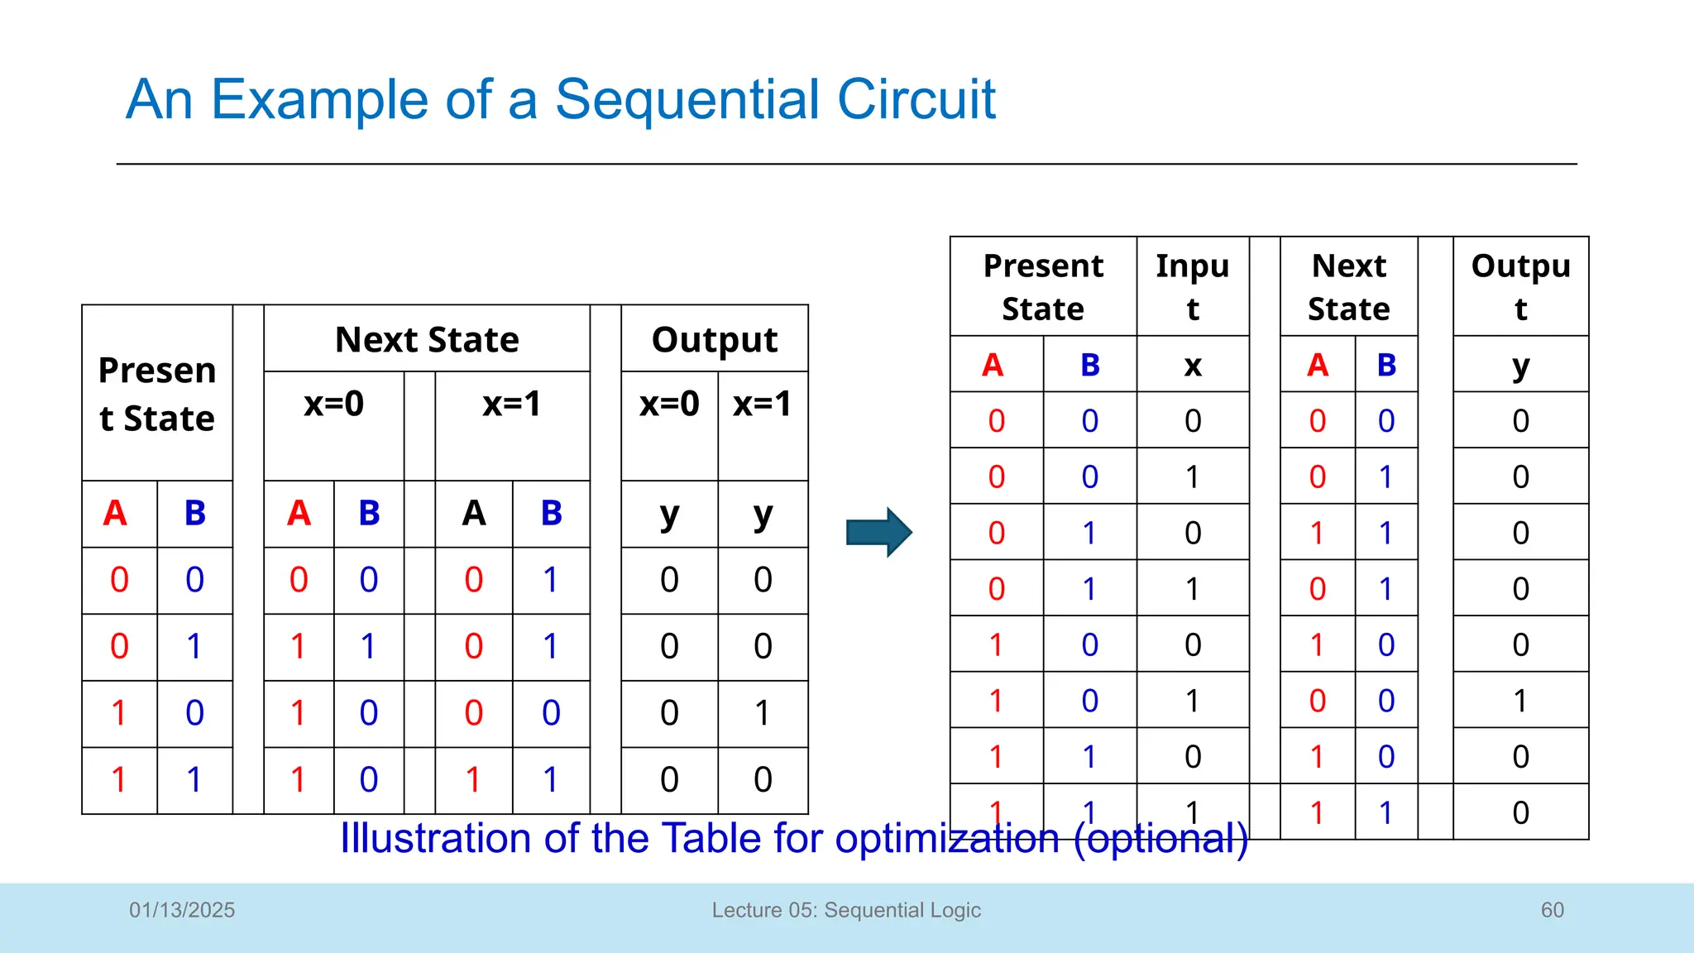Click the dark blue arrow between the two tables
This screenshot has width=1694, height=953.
[x=878, y=532]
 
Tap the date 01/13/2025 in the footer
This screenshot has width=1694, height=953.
[x=182, y=910]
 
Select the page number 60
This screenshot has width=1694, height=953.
[x=1552, y=910]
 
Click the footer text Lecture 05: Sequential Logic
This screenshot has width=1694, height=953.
[x=846, y=910]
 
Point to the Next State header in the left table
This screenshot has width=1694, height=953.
[x=427, y=340]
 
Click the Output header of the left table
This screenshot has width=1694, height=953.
[x=715, y=340]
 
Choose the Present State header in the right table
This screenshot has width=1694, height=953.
[x=1043, y=287]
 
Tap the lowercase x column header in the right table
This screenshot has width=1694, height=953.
[x=1192, y=365]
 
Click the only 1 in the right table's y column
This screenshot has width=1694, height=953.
[x=1520, y=701]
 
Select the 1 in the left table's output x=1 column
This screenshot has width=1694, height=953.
[x=763, y=713]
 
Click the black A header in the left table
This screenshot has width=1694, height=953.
[x=474, y=514]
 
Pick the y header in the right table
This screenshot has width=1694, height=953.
[x=1520, y=365]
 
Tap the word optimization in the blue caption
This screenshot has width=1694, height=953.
[x=947, y=838]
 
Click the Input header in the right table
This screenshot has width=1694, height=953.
[x=1192, y=287]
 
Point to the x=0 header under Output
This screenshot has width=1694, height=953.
[x=669, y=404]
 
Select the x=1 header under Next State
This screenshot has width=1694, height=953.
[x=512, y=404]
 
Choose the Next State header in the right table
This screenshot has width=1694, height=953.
[x=1348, y=287]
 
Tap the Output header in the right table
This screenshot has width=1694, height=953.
[x=1520, y=287]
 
